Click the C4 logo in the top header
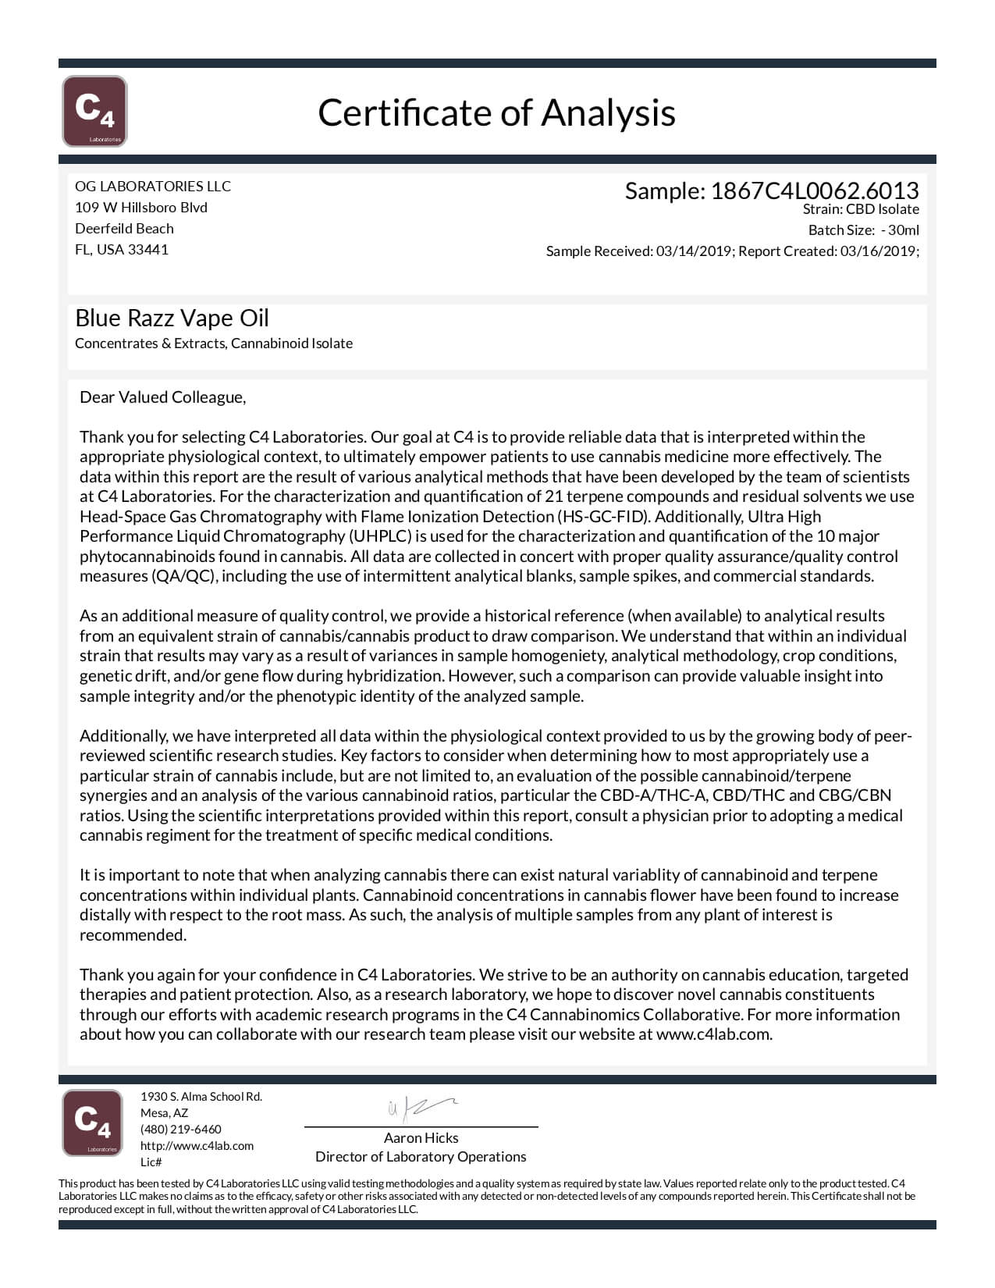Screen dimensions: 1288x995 94,111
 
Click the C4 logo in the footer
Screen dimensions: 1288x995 92,1123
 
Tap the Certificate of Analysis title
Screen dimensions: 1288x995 496,112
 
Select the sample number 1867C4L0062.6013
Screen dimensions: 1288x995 814,190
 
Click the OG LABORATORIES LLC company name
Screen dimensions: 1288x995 153,186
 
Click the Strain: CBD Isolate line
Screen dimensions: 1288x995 860,209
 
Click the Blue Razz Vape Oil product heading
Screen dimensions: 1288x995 172,318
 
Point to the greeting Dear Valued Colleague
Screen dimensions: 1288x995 162,397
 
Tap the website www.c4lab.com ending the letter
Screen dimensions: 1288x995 713,1034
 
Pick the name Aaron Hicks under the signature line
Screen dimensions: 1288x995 421,1138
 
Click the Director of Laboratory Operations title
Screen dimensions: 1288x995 421,1157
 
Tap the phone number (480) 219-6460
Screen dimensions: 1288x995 180,1130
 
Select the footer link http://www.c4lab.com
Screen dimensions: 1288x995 197,1146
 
